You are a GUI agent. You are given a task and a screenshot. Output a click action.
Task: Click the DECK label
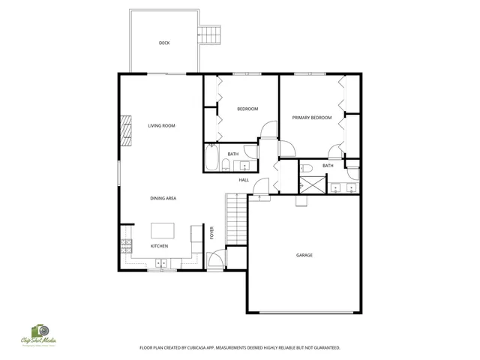164,43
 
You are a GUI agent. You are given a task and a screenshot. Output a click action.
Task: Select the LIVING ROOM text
161,126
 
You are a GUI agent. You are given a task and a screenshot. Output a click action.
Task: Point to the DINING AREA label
163,198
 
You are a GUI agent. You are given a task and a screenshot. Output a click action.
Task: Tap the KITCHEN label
159,246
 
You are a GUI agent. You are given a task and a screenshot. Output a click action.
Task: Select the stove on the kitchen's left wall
125,244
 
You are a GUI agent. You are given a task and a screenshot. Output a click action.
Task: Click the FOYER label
212,232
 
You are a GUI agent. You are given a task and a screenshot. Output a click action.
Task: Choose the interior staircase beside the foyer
236,217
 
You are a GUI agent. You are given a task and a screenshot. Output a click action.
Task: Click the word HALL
244,180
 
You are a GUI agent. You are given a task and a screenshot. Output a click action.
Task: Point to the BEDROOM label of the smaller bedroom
247,109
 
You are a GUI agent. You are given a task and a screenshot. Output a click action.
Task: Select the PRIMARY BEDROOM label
311,118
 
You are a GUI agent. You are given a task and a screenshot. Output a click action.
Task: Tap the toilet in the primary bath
306,167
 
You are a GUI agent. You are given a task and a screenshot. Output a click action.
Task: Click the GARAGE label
304,255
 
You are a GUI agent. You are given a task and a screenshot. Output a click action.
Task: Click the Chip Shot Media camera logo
39,331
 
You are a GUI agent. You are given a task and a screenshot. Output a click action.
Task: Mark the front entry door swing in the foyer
214,260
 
